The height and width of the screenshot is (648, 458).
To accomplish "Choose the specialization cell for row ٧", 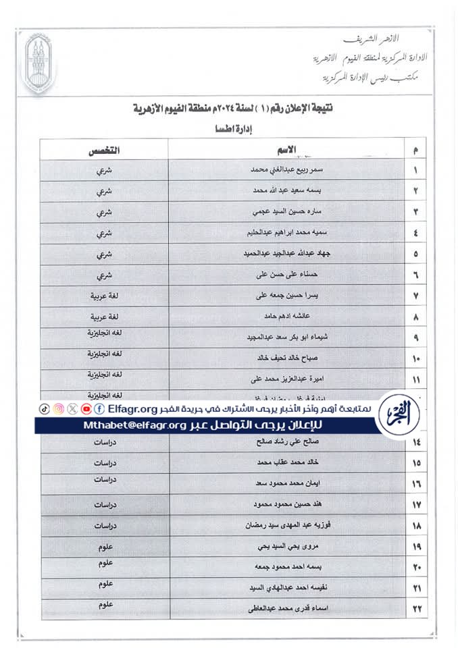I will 104,296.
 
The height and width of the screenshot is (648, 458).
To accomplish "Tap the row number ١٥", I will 416,463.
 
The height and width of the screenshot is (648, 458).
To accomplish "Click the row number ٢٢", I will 416,610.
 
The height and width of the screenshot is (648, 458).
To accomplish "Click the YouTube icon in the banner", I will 86,409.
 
